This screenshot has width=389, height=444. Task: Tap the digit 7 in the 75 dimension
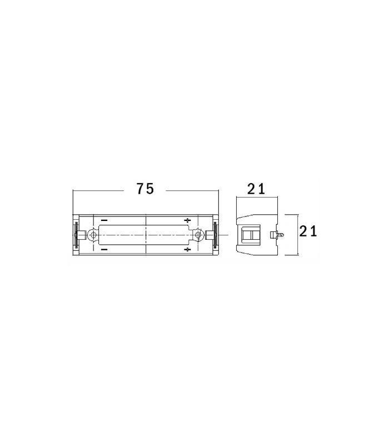pyautogui.click(x=140, y=189)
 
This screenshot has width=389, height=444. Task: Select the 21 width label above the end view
pyautogui.click(x=256, y=189)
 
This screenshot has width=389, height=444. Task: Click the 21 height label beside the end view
pyautogui.click(x=308, y=231)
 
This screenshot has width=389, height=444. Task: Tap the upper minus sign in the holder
pyautogui.click(x=104, y=220)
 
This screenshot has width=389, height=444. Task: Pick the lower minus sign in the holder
pyautogui.click(x=104, y=249)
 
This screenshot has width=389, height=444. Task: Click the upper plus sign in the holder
pyautogui.click(x=187, y=220)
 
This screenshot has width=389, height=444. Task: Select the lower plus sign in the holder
pyautogui.click(x=187, y=249)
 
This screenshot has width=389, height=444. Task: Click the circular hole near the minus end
pyautogui.click(x=94, y=235)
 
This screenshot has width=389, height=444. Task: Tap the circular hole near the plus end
pyautogui.click(x=198, y=235)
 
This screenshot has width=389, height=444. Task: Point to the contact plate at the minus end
pyautogui.click(x=75, y=235)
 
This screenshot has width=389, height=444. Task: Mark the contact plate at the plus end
pyautogui.click(x=216, y=235)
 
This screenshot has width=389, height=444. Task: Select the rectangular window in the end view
pyautogui.click(x=251, y=235)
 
